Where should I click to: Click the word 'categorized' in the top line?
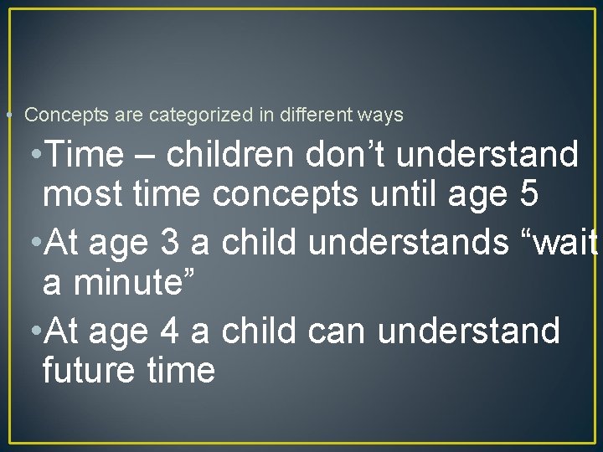pos(201,116)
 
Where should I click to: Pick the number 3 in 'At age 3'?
pos(168,243)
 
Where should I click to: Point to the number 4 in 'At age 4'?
pos(168,331)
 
